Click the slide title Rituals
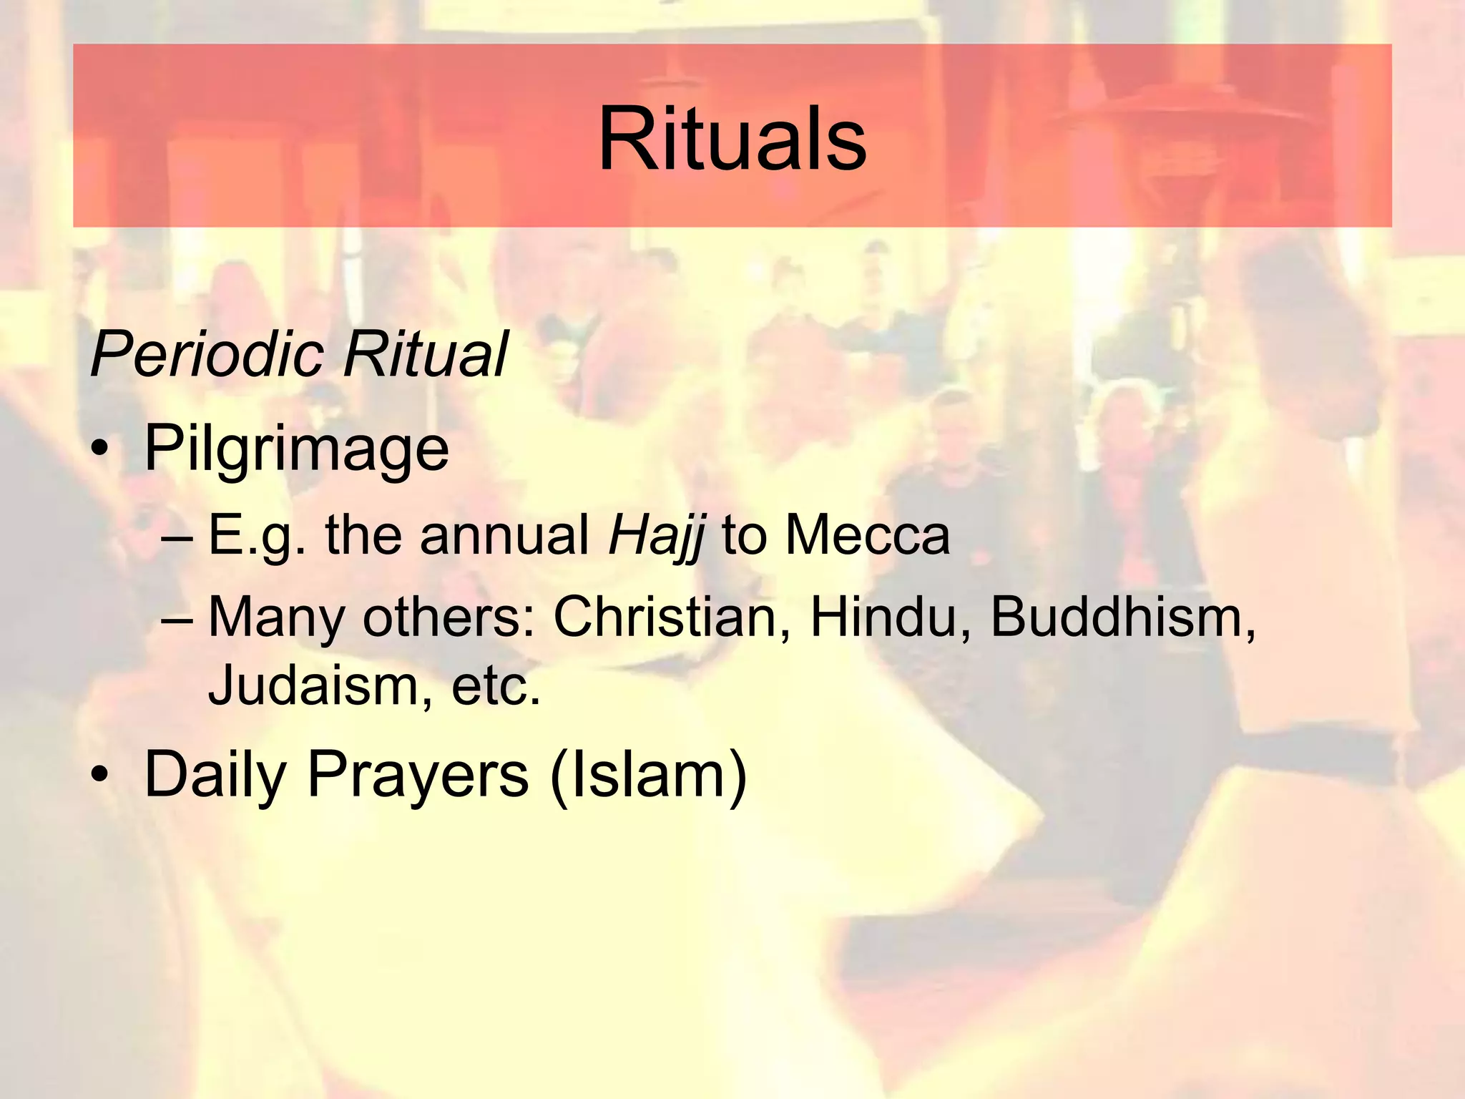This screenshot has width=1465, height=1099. pyautogui.click(x=732, y=139)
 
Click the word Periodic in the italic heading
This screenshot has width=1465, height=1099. pyautogui.click(x=208, y=353)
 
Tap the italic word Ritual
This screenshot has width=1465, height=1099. pyautogui.click(x=425, y=353)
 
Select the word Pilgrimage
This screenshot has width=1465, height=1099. pyautogui.click(x=296, y=449)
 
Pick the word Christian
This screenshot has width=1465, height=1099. pyautogui.click(x=665, y=617)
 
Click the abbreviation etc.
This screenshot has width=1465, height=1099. pyautogui.click(x=496, y=685)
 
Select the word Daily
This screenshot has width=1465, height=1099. pyautogui.click(x=215, y=775)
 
